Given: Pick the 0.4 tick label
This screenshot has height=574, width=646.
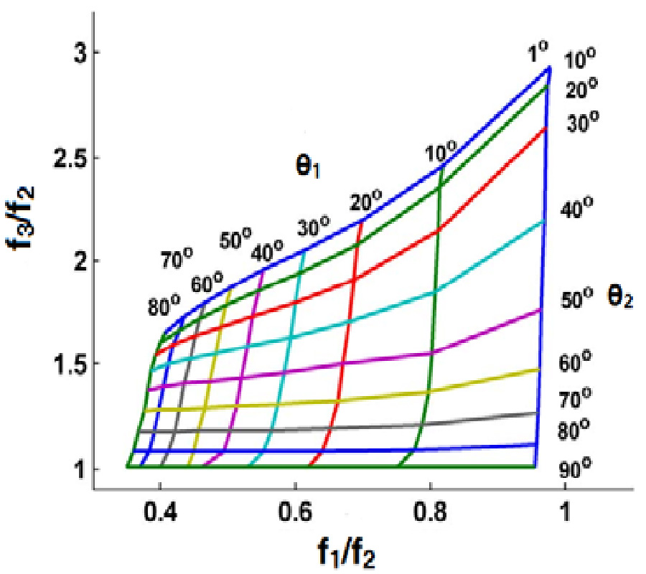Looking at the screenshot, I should (x=160, y=514).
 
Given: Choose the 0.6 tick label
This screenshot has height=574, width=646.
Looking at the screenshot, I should (x=295, y=514).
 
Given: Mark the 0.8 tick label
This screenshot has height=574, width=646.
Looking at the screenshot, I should (x=430, y=514).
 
